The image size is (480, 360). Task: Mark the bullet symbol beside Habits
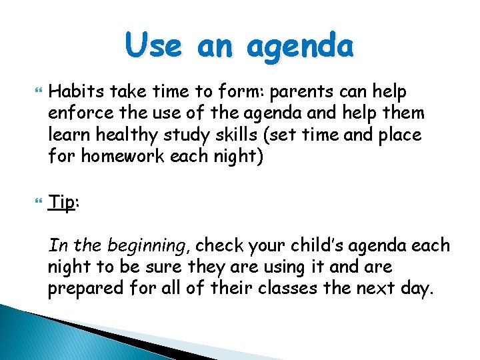pos(27,91)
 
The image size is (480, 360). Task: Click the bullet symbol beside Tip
pos(27,203)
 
